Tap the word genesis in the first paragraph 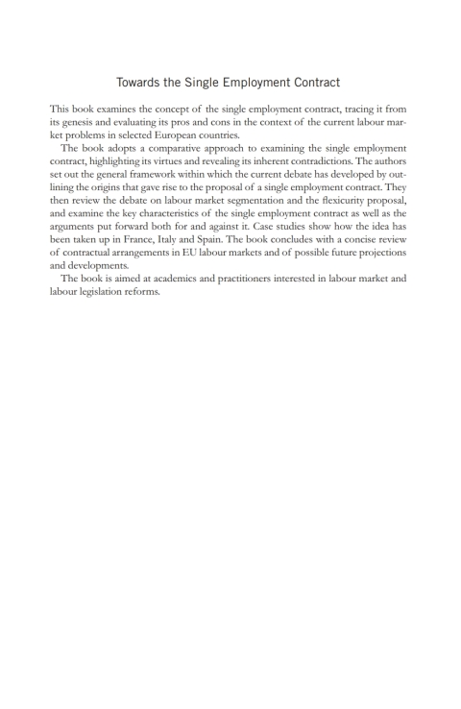point(83,124)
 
